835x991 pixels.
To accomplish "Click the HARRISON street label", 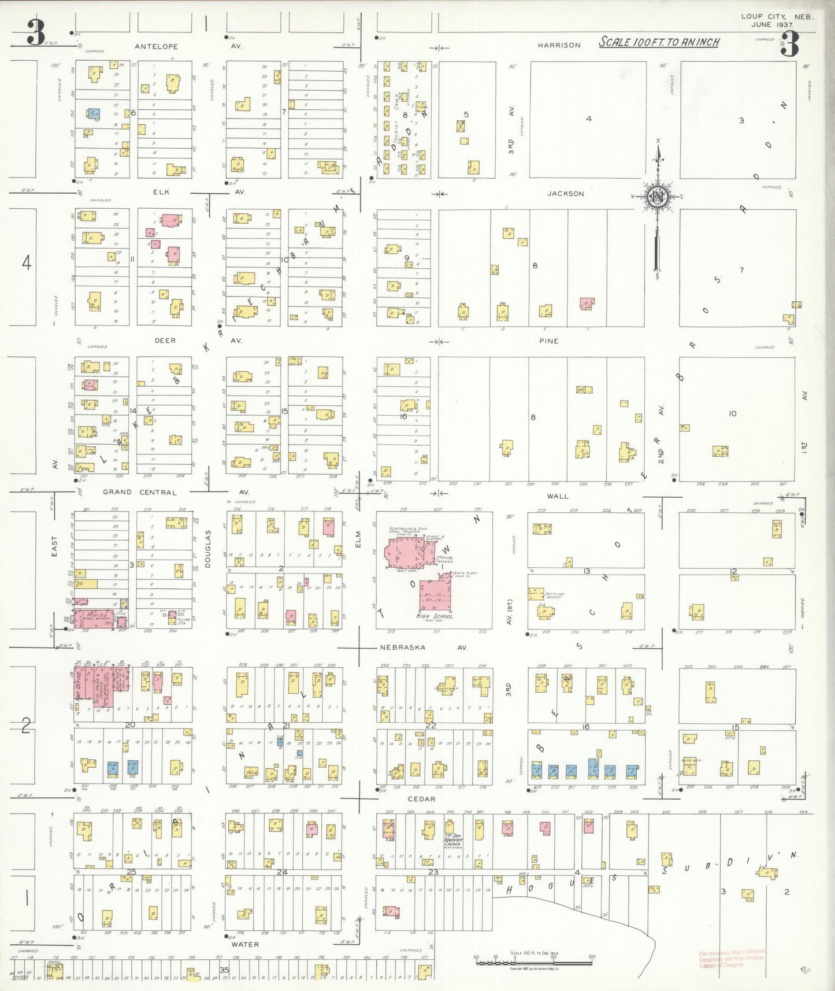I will (x=559, y=45).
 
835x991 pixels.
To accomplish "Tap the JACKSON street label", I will (x=565, y=194).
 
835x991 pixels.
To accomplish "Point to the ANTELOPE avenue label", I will (x=156, y=46).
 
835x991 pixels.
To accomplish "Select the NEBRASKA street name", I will (x=403, y=648).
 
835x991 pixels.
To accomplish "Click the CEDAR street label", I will (x=421, y=799).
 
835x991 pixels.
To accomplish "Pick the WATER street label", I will (x=244, y=944).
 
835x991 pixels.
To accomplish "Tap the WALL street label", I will (x=557, y=496).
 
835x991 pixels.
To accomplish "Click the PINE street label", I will (x=548, y=341).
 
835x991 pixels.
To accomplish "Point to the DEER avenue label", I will (x=165, y=341).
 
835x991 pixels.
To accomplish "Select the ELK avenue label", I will (x=161, y=192).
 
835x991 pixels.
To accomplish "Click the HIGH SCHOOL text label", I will (x=435, y=616).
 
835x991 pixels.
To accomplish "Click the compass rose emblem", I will (x=657, y=197).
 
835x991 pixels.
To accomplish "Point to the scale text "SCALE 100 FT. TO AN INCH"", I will (x=659, y=42).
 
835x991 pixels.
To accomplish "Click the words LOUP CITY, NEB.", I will (x=777, y=17).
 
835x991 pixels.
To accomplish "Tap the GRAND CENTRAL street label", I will (x=139, y=493).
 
